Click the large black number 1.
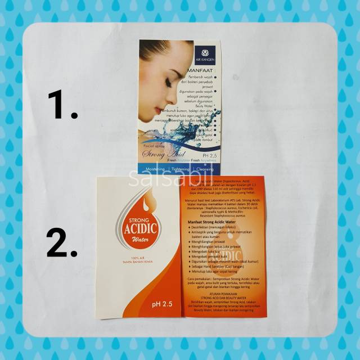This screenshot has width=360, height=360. (62, 105)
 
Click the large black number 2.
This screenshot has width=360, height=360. (61, 242)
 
